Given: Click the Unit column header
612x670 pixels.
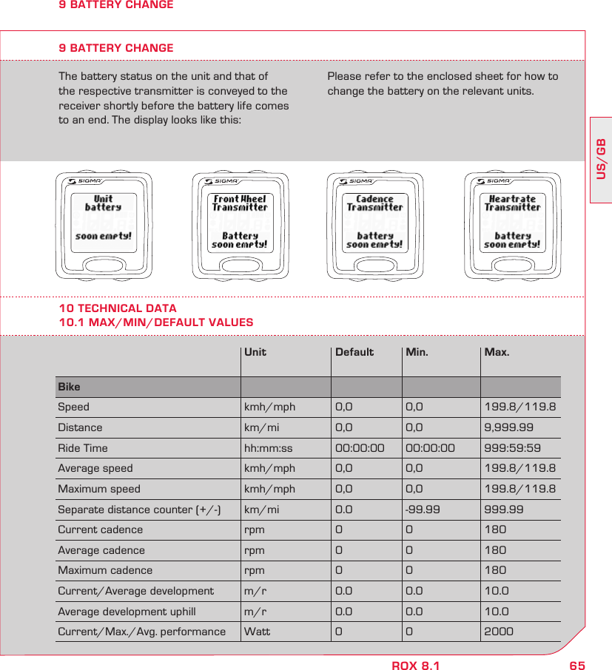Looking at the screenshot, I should point(255,352).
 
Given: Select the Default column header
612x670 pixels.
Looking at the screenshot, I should point(354,352).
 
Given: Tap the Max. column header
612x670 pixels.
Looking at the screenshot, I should point(497,352).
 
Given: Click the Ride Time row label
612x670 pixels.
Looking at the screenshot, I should point(83,448).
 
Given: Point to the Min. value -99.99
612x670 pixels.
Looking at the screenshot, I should point(423,510).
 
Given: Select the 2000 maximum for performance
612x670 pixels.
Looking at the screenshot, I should point(499,632).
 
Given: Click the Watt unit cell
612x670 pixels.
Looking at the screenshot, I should point(258,632).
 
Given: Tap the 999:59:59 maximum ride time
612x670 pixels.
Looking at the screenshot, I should point(512,448).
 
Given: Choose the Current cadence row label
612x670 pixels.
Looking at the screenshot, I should point(101,529).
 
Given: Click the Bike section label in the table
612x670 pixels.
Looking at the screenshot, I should point(69,387).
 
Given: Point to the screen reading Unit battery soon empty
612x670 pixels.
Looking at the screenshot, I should point(104,221).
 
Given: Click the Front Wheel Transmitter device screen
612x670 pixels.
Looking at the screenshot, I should point(239,221).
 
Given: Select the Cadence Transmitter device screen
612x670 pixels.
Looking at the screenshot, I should point(374,221).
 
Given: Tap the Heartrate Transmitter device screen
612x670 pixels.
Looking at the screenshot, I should point(512,221).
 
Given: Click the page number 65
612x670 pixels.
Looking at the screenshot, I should point(577,666).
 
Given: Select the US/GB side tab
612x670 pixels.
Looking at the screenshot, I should point(601,158).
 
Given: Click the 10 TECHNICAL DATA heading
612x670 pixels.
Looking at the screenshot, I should point(118,308).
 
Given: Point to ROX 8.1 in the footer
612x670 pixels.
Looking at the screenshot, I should point(415,666).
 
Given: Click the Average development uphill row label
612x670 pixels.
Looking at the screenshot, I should point(127,612).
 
